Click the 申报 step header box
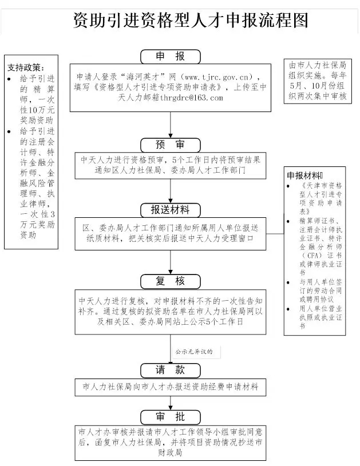[171, 56]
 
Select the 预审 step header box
[171, 143]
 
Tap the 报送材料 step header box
[171, 209]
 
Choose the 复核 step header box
[171, 281]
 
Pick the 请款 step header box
[171, 370]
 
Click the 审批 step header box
[171, 416]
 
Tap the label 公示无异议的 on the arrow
[193, 352]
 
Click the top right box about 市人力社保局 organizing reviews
[318, 81]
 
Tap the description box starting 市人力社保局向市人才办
[171, 387]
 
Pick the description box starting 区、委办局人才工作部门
[171, 233]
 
